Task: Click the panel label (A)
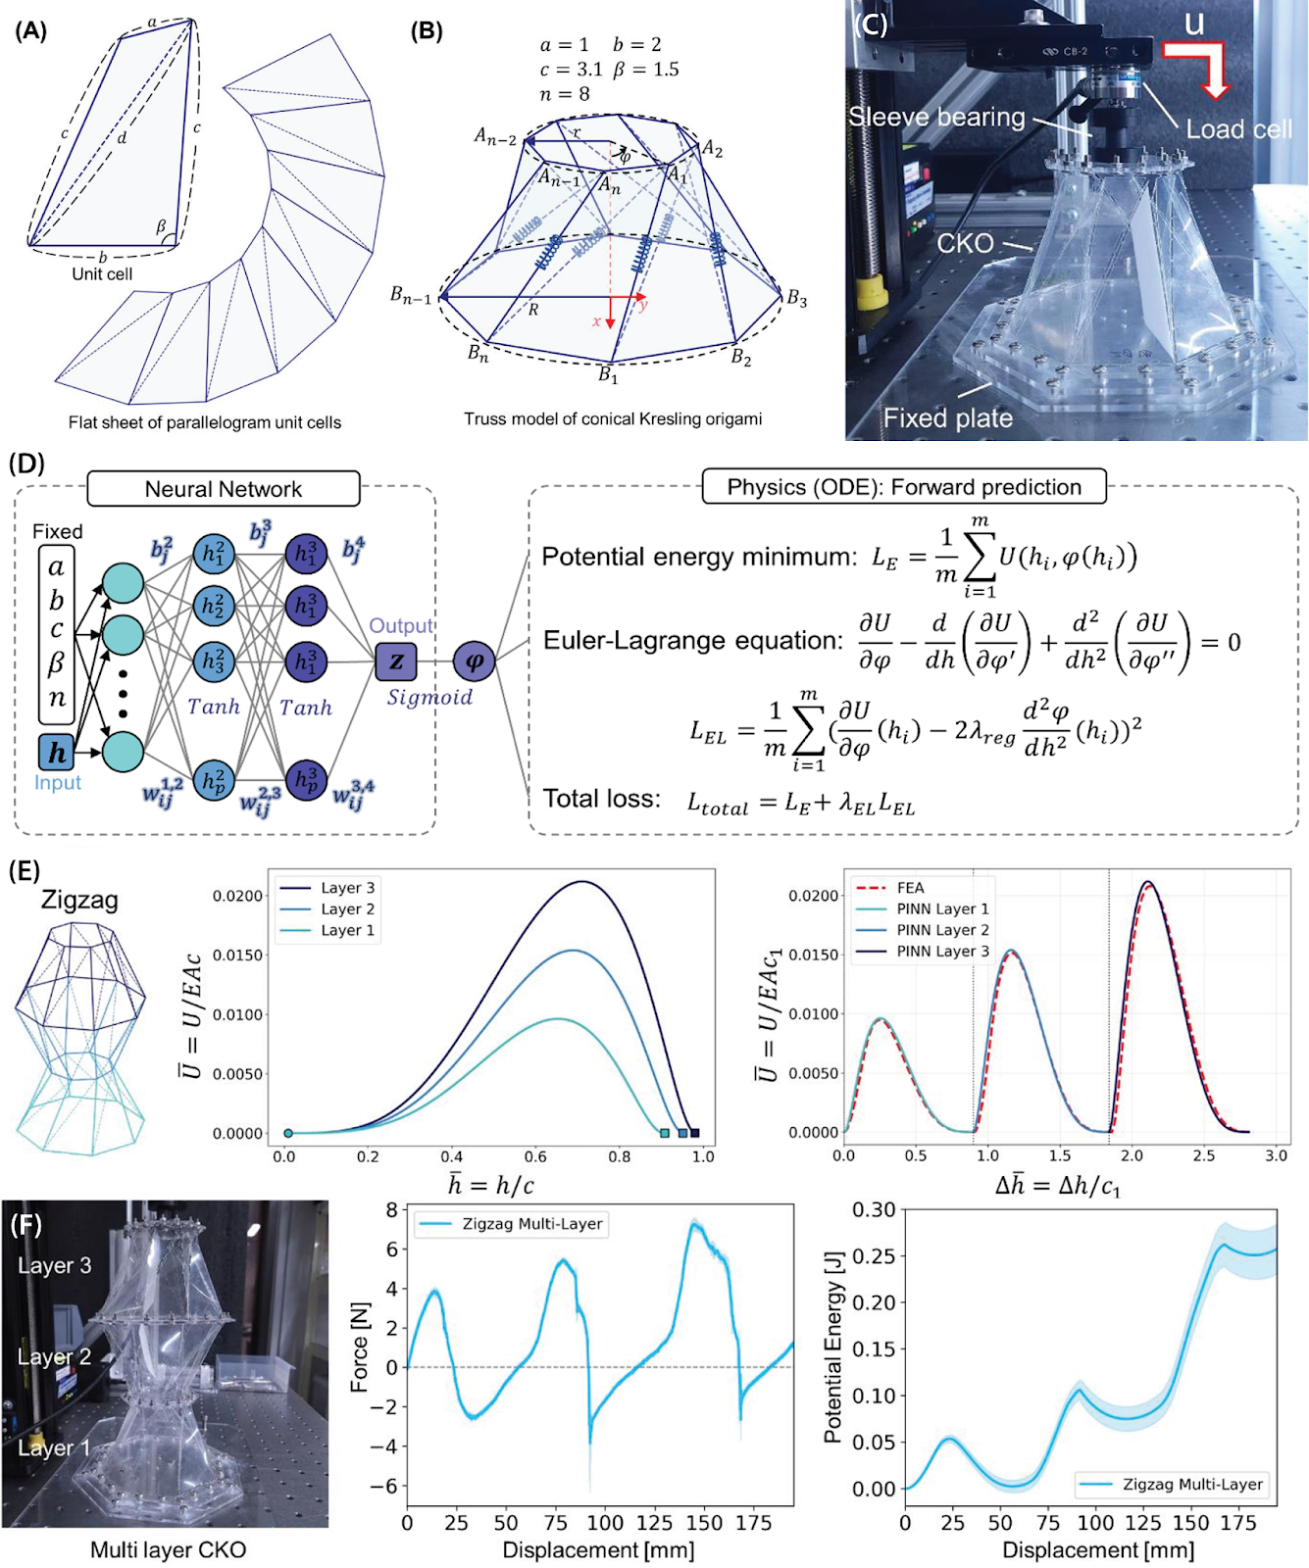[30, 30]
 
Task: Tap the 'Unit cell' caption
[102, 274]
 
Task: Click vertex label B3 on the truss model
[796, 299]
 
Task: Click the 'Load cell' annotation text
[1238, 129]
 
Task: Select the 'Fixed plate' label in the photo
[947, 418]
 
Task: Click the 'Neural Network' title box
[224, 489]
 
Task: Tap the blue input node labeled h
[58, 753]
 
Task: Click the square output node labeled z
[396, 661]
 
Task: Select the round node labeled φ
[474, 661]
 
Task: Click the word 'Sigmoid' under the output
[429, 697]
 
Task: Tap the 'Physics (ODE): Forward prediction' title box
[904, 487]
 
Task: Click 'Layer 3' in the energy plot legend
[347, 888]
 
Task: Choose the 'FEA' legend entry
[910, 888]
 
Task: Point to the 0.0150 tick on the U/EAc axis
[237, 955]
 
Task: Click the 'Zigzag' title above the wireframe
[79, 900]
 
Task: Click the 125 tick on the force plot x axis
[654, 1523]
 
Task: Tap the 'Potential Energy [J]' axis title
[833, 1348]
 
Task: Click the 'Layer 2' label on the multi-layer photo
[54, 1357]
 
